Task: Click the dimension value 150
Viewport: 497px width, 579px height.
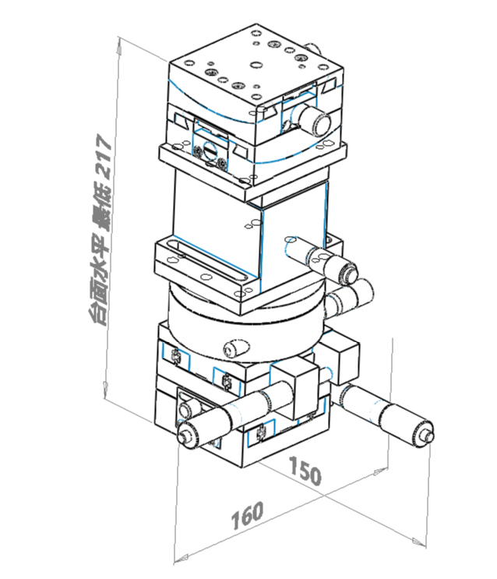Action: coord(305,471)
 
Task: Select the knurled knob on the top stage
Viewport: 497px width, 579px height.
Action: coord(316,122)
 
